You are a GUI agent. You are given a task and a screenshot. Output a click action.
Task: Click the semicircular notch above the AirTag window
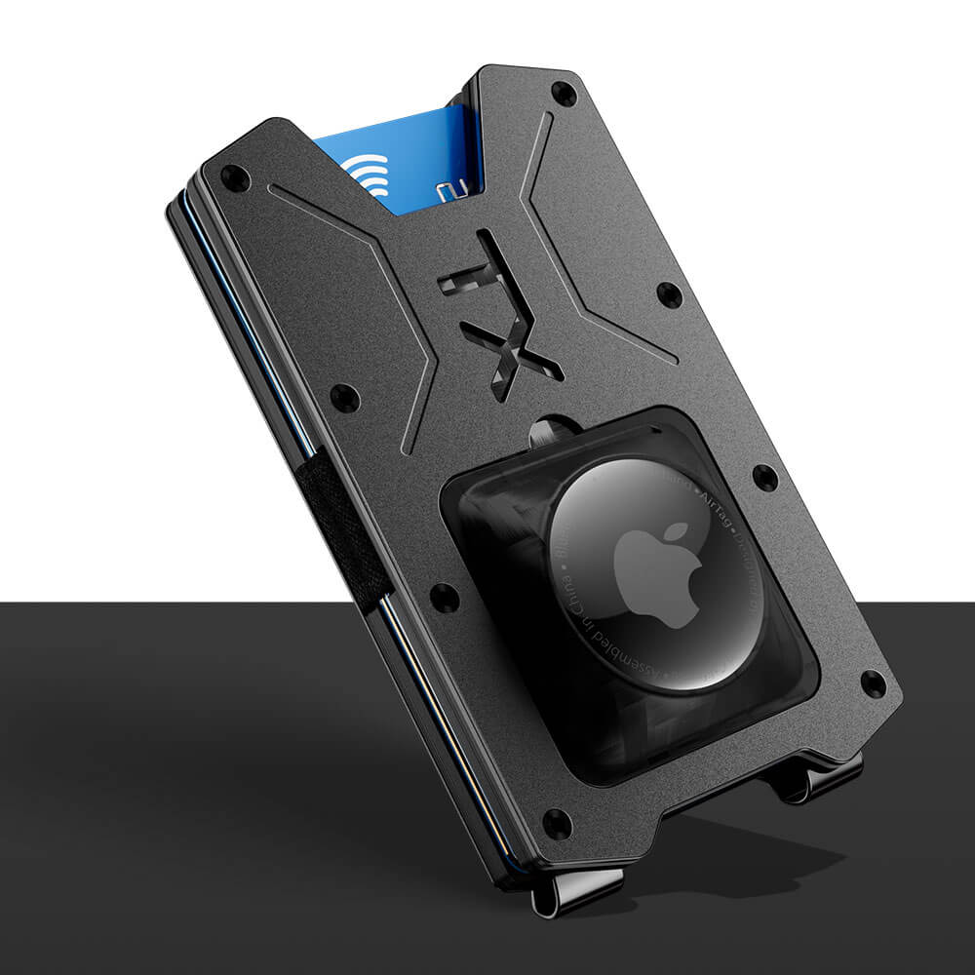(555, 428)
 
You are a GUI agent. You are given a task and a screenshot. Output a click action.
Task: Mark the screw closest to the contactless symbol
(234, 177)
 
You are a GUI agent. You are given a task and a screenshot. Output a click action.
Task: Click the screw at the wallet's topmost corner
(564, 94)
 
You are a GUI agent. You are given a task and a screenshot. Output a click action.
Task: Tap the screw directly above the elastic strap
(344, 397)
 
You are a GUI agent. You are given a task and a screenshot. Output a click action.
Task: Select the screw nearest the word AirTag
(765, 478)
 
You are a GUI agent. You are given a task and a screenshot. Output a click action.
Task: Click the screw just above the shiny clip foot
(557, 824)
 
